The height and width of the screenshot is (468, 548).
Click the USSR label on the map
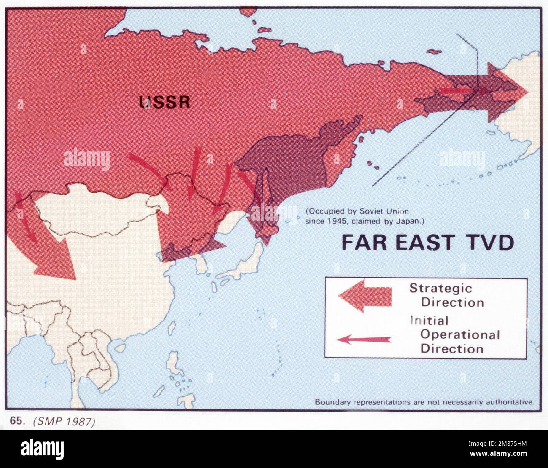[x=165, y=102]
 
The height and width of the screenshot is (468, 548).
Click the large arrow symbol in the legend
[x=365, y=296]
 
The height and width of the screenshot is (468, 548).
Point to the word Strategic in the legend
[x=441, y=289]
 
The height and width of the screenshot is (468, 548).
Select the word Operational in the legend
[x=460, y=335]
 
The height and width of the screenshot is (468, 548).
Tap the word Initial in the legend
[x=429, y=321]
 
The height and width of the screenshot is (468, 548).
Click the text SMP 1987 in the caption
[x=63, y=422]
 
